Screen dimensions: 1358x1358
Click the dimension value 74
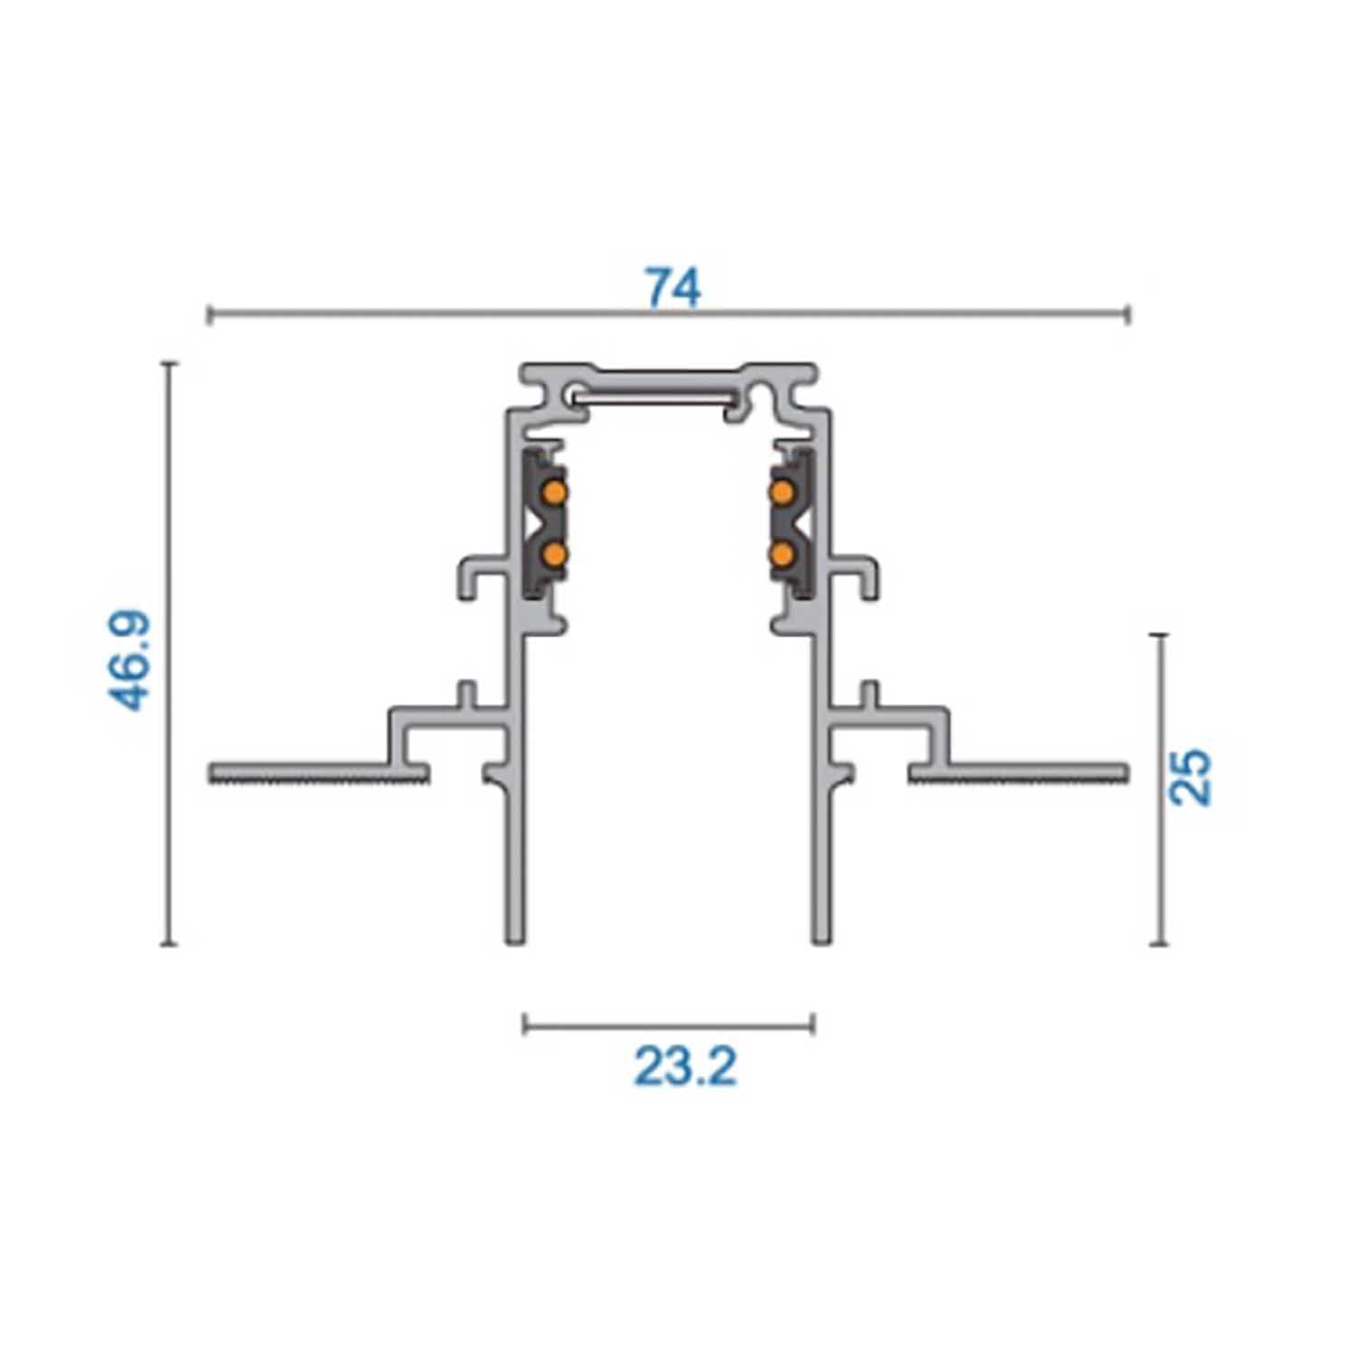coord(673,287)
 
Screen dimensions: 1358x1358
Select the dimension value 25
coord(1190,776)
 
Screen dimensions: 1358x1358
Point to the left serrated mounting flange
coord(319,773)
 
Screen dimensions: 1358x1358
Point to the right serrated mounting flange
coord(1018,773)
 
